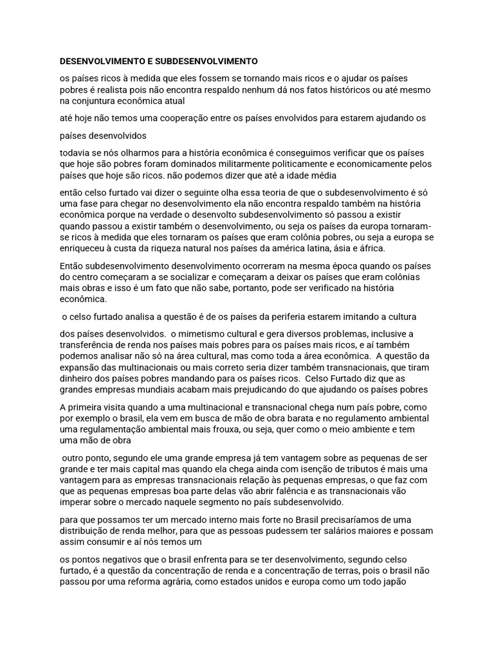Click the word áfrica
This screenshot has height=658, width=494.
(x=387, y=249)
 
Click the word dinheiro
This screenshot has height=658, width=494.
(x=78, y=378)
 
